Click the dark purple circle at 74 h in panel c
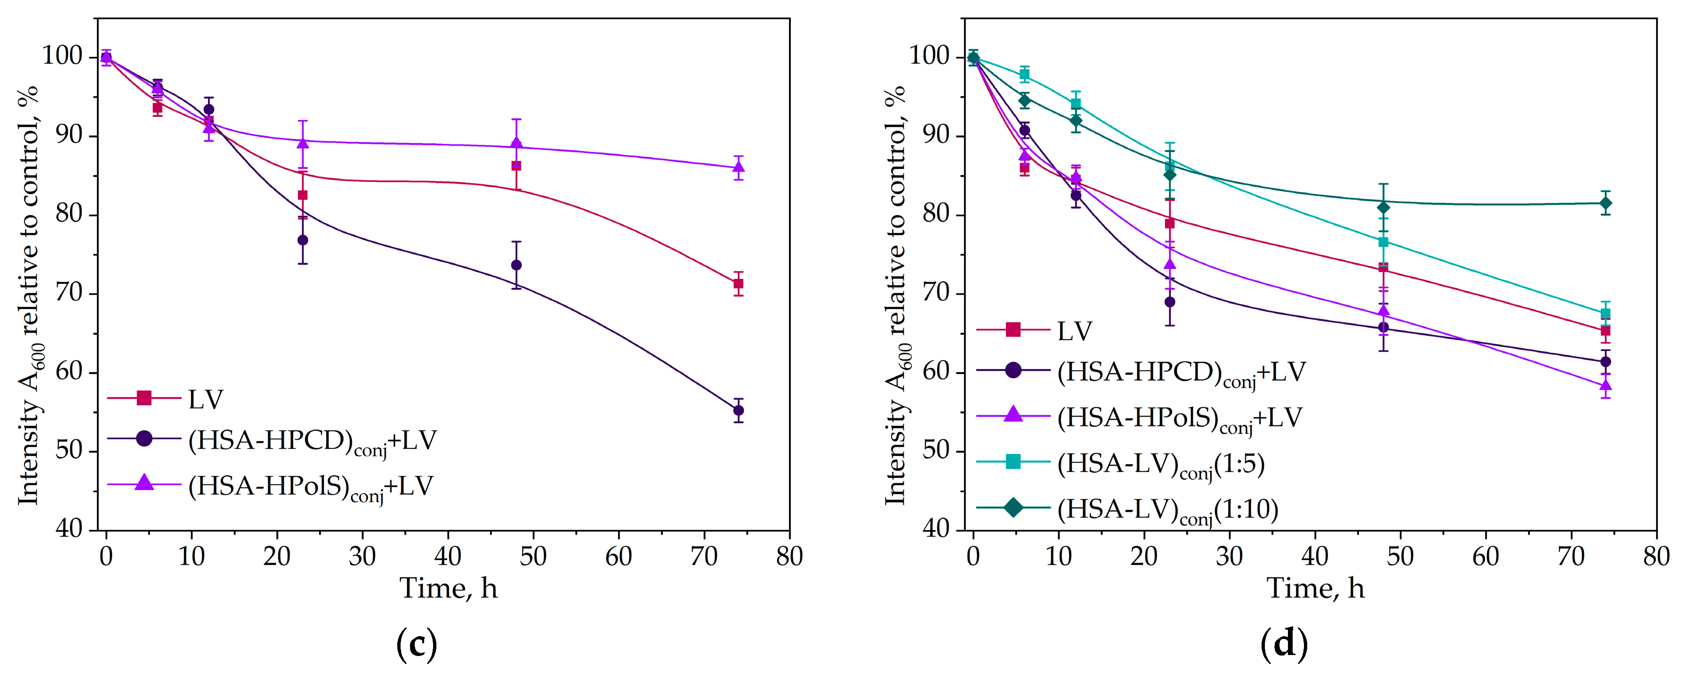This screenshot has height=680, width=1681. (x=738, y=411)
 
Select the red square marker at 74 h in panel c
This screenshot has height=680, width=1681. (x=738, y=284)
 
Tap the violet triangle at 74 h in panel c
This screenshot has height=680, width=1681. (x=738, y=167)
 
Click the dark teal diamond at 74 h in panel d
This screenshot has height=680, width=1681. (x=1605, y=203)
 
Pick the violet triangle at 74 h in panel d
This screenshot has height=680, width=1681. (x=1605, y=385)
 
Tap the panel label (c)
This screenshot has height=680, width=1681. (x=416, y=644)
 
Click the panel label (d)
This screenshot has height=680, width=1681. (x=1284, y=644)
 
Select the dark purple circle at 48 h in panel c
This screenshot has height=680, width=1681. (x=516, y=265)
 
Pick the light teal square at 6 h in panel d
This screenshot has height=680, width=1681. (x=1024, y=74)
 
